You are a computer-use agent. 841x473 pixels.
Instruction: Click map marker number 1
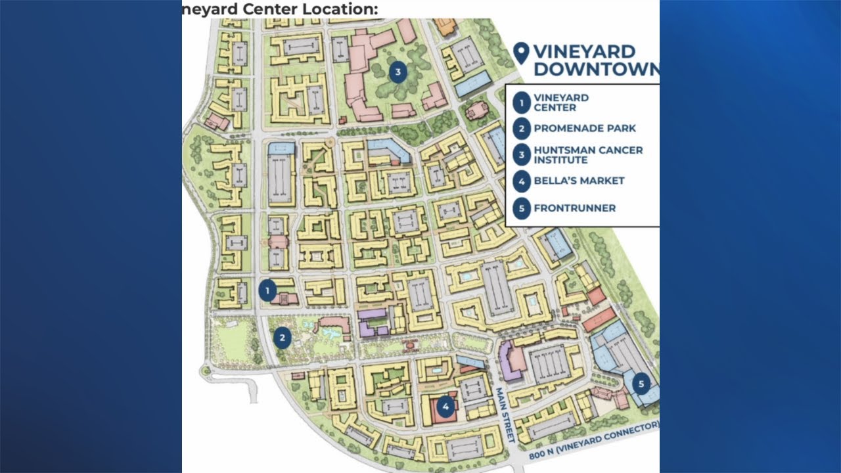[x=267, y=290]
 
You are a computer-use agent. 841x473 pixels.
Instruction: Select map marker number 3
[x=398, y=72]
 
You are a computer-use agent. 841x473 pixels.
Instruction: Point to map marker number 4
[x=445, y=407]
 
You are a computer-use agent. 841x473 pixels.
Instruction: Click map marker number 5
[x=641, y=383]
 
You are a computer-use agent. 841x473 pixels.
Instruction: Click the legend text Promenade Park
[x=585, y=128]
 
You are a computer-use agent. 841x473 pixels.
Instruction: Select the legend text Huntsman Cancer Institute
[x=587, y=154]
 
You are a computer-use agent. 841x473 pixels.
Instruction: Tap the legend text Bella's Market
[x=579, y=181]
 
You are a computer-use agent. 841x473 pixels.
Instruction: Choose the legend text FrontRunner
[x=574, y=208]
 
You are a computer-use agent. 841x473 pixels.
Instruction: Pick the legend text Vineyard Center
[x=560, y=102]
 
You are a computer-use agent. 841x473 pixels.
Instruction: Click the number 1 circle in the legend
[x=522, y=102]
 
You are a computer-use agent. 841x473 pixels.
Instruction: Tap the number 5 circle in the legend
[x=522, y=208]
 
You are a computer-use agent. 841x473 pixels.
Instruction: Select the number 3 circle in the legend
[x=522, y=154]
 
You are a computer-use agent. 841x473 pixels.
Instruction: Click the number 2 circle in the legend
[x=522, y=128]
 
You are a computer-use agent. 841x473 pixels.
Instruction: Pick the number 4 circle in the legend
[x=522, y=181]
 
